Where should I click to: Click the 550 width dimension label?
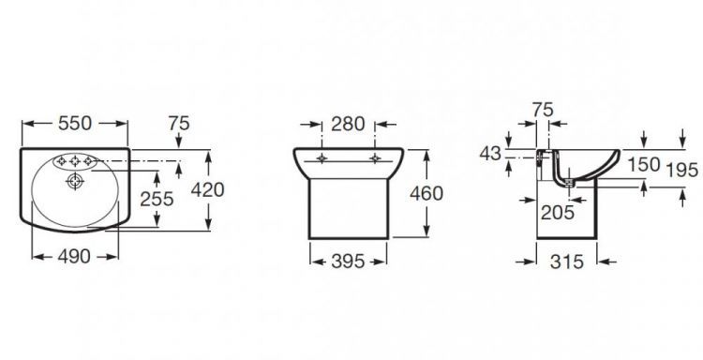coord(75,124)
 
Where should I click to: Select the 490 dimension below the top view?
coord(74,257)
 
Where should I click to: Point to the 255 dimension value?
coord(157,199)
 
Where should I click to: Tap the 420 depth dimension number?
coord(207,190)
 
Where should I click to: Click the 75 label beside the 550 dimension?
coord(179,124)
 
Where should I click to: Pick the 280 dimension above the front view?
coord(348,124)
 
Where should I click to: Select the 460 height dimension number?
coord(426,193)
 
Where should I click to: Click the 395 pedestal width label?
coord(349,262)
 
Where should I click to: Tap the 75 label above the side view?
coord(543,110)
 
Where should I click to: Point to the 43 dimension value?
coord(490,154)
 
